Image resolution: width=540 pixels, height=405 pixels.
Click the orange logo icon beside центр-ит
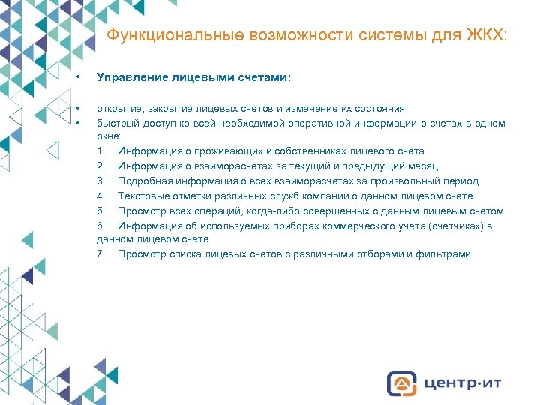[402, 383]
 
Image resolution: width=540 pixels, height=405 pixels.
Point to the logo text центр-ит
[461, 383]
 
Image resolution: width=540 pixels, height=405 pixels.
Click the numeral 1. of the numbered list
[101, 151]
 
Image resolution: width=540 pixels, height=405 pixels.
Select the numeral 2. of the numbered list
[101, 166]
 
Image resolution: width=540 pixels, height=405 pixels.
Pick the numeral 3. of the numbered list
[101, 181]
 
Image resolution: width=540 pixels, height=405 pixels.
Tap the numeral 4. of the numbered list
[101, 196]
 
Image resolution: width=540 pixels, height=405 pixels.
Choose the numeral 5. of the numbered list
[101, 211]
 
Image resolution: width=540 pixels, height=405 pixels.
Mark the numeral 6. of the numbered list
[101, 226]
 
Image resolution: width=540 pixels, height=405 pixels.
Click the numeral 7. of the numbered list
[101, 254]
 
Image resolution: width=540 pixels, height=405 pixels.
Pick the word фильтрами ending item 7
[445, 254]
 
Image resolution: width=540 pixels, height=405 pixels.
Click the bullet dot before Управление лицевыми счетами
[78, 77]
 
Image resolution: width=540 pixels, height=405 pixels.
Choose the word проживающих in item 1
[214, 151]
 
